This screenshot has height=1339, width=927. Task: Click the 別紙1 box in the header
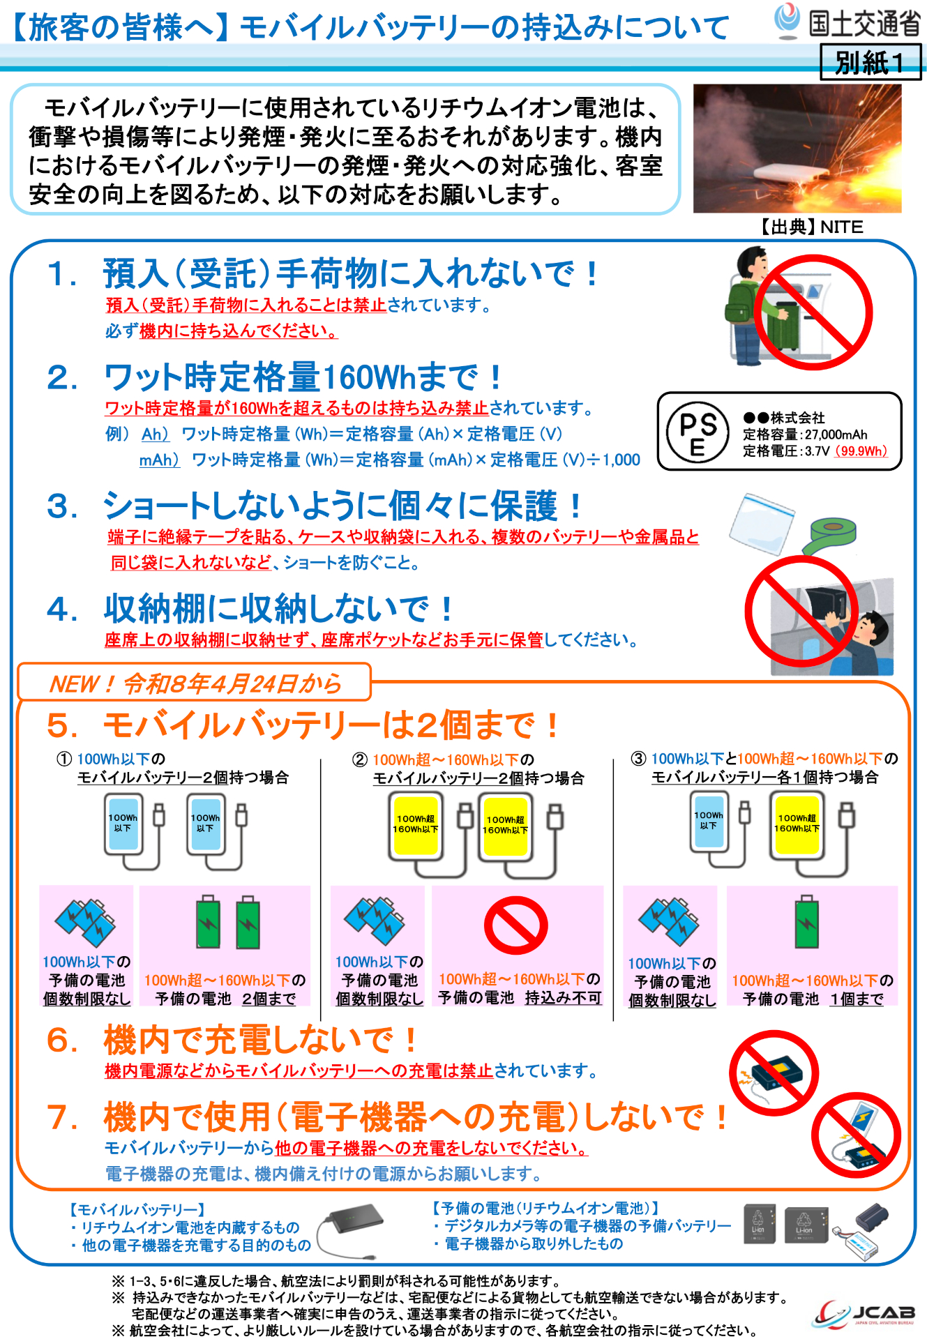tap(870, 62)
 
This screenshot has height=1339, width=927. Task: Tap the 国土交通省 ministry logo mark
tap(787, 20)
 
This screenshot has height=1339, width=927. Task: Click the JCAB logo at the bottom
tap(865, 1314)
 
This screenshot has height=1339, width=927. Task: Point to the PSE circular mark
tap(698, 432)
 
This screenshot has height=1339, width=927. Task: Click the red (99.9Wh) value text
tap(862, 451)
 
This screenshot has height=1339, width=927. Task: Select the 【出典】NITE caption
tap(811, 227)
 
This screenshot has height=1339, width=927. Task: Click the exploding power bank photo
tap(797, 149)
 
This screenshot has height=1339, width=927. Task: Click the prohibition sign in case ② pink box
tap(516, 925)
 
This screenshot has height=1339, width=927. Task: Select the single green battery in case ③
tap(807, 923)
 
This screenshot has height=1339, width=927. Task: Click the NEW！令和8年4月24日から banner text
tap(195, 683)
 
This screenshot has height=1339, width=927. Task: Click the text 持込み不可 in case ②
tap(563, 998)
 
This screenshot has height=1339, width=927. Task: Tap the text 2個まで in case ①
tap(269, 999)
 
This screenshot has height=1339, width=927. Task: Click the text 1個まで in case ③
tap(857, 999)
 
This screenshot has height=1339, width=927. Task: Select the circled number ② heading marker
tap(360, 759)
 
